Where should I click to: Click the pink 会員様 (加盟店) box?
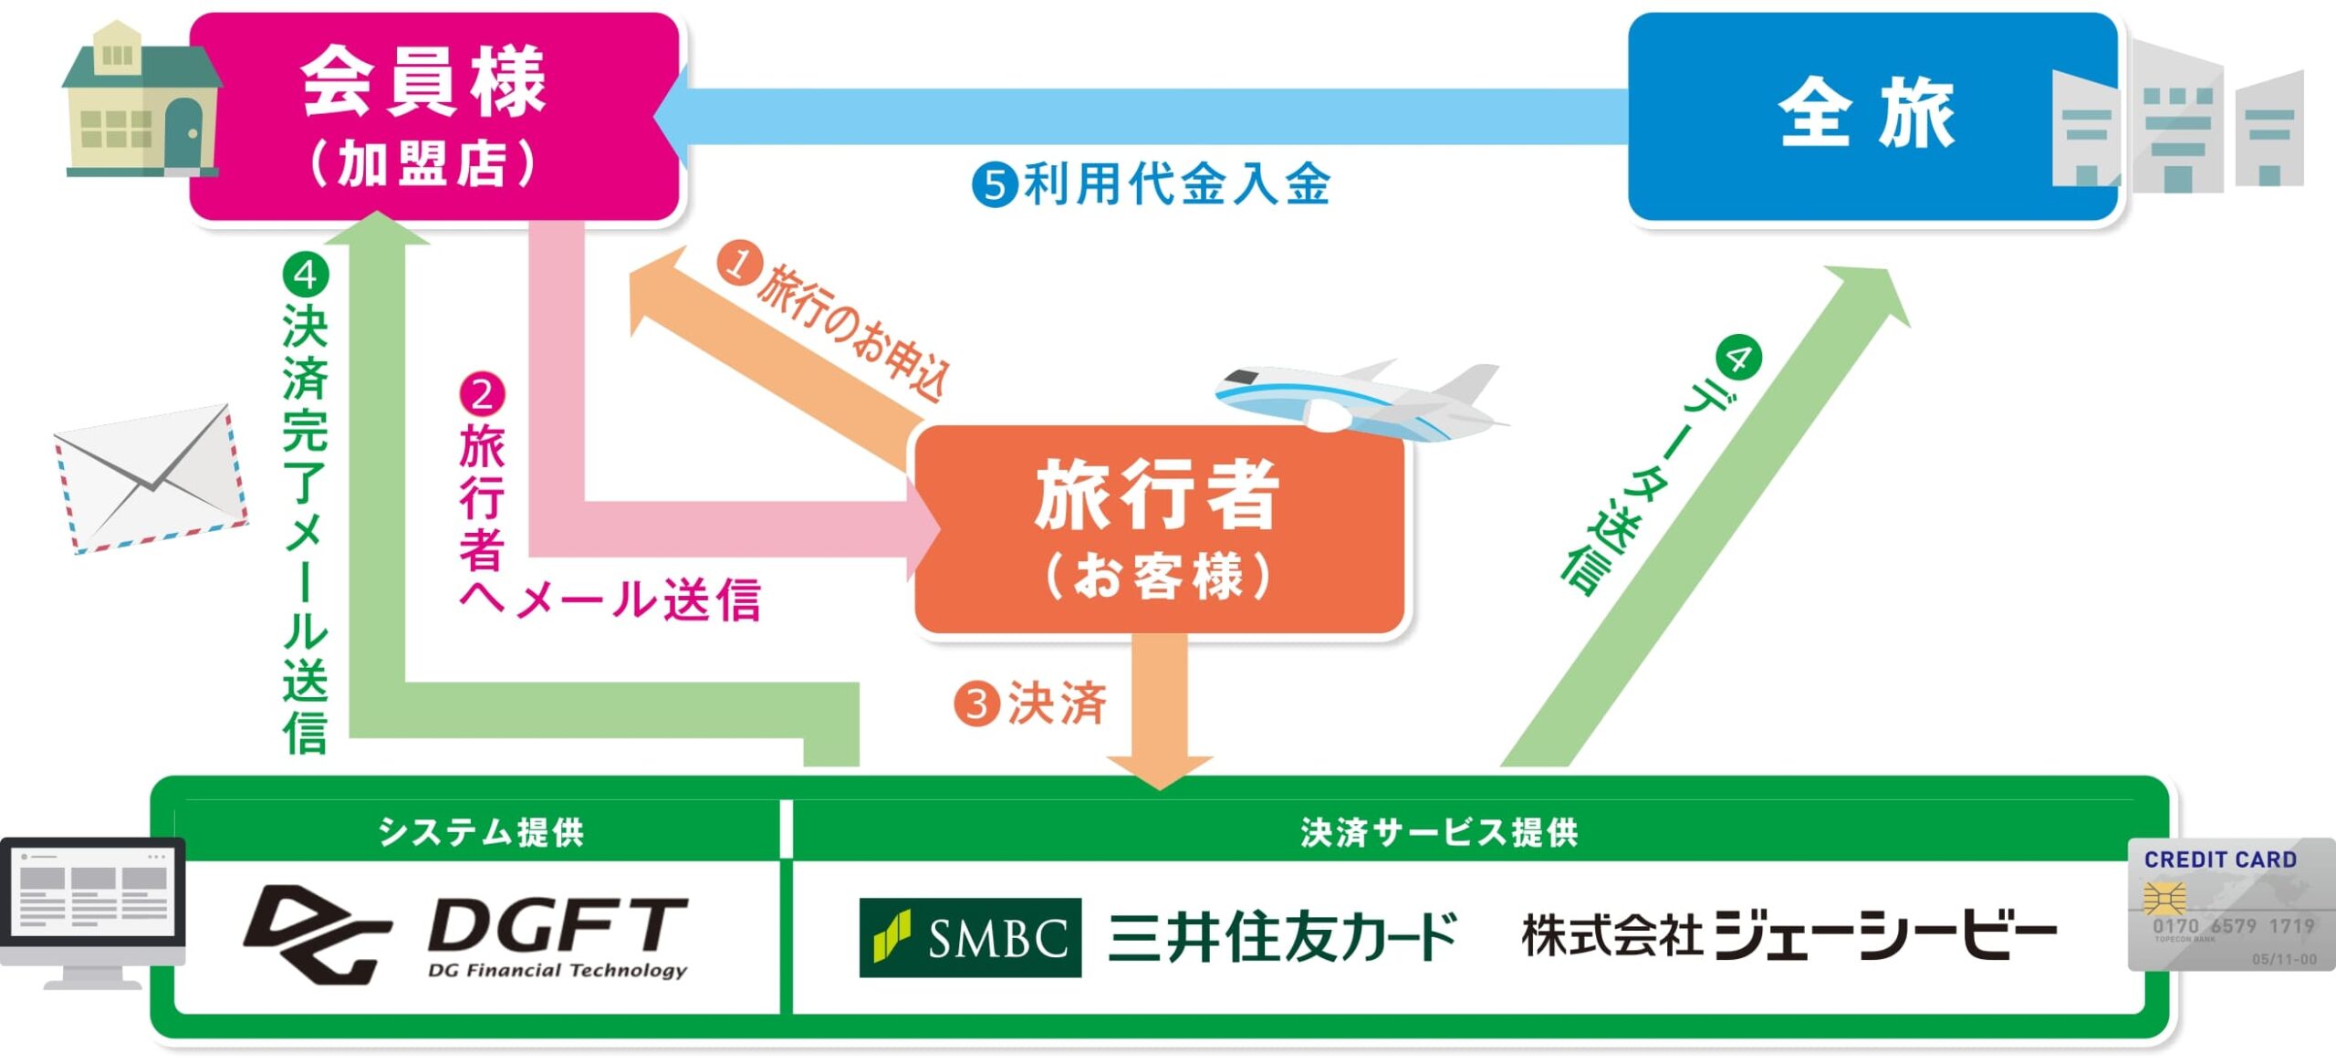434,116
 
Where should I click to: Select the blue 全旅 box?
1872,116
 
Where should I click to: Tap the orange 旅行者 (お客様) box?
1159,529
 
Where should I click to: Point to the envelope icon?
151,478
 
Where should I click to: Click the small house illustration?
141,99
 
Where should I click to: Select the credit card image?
2232,904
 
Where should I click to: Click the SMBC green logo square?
970,937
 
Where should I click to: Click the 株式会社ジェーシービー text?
1789,935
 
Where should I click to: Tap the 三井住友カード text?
1282,937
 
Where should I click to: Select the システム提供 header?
481,832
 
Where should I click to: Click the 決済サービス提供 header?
1440,832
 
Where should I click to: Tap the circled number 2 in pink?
482,395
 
